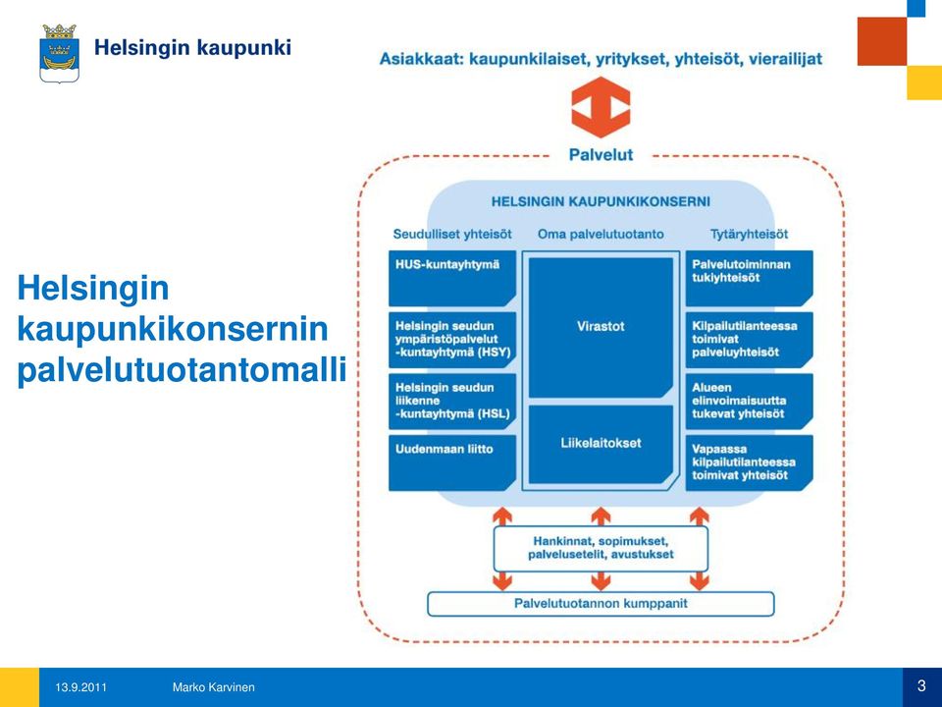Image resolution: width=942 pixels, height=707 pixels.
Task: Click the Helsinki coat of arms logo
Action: point(60,53)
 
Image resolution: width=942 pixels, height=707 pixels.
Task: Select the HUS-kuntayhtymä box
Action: point(452,278)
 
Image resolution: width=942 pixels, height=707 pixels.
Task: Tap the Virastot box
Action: point(601,328)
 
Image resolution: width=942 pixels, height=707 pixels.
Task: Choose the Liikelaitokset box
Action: point(601,444)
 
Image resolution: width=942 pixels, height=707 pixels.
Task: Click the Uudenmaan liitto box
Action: point(452,462)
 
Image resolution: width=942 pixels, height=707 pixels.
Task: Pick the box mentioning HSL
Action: point(452,401)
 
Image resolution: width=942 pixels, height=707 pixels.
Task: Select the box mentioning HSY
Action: point(452,340)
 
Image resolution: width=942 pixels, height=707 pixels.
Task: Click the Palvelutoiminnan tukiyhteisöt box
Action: point(749,278)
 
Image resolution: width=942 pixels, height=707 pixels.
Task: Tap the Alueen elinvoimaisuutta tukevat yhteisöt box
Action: point(749,401)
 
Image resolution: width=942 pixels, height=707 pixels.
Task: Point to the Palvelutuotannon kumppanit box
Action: point(601,604)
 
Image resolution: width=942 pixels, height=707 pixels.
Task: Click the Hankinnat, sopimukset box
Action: point(601,548)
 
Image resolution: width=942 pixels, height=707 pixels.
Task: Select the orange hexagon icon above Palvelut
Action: point(601,107)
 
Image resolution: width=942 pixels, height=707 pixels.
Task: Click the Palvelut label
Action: point(601,155)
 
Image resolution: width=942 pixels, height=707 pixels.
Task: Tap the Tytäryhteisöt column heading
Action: point(749,234)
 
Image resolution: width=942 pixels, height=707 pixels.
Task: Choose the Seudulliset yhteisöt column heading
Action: point(452,234)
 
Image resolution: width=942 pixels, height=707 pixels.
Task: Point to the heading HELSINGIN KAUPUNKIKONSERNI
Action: point(601,201)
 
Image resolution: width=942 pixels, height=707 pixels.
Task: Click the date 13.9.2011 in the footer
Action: point(81,687)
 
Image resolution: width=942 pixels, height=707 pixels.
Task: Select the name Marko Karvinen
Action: point(213,687)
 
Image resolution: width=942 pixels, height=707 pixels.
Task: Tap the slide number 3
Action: point(921,686)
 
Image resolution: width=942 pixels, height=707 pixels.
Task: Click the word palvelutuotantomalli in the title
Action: point(183,370)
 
